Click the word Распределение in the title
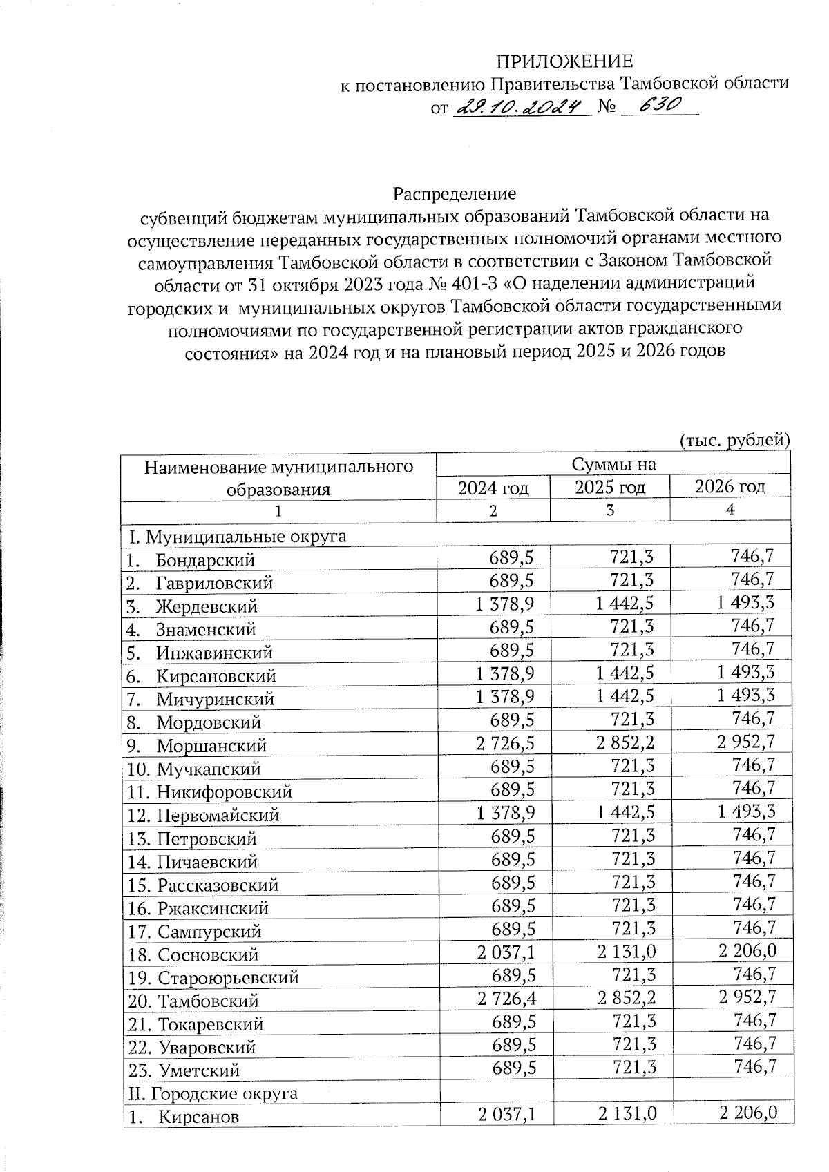click(x=455, y=192)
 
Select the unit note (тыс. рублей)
click(x=734, y=439)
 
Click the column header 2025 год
click(x=610, y=487)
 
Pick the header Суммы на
click(x=613, y=464)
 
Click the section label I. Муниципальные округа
click(x=236, y=536)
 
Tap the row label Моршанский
click(x=211, y=746)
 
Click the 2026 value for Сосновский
click(x=747, y=951)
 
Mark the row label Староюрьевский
click(x=227, y=978)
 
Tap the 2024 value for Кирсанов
click(x=505, y=1114)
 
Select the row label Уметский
click(x=199, y=1070)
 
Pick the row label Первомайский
click(x=217, y=815)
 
